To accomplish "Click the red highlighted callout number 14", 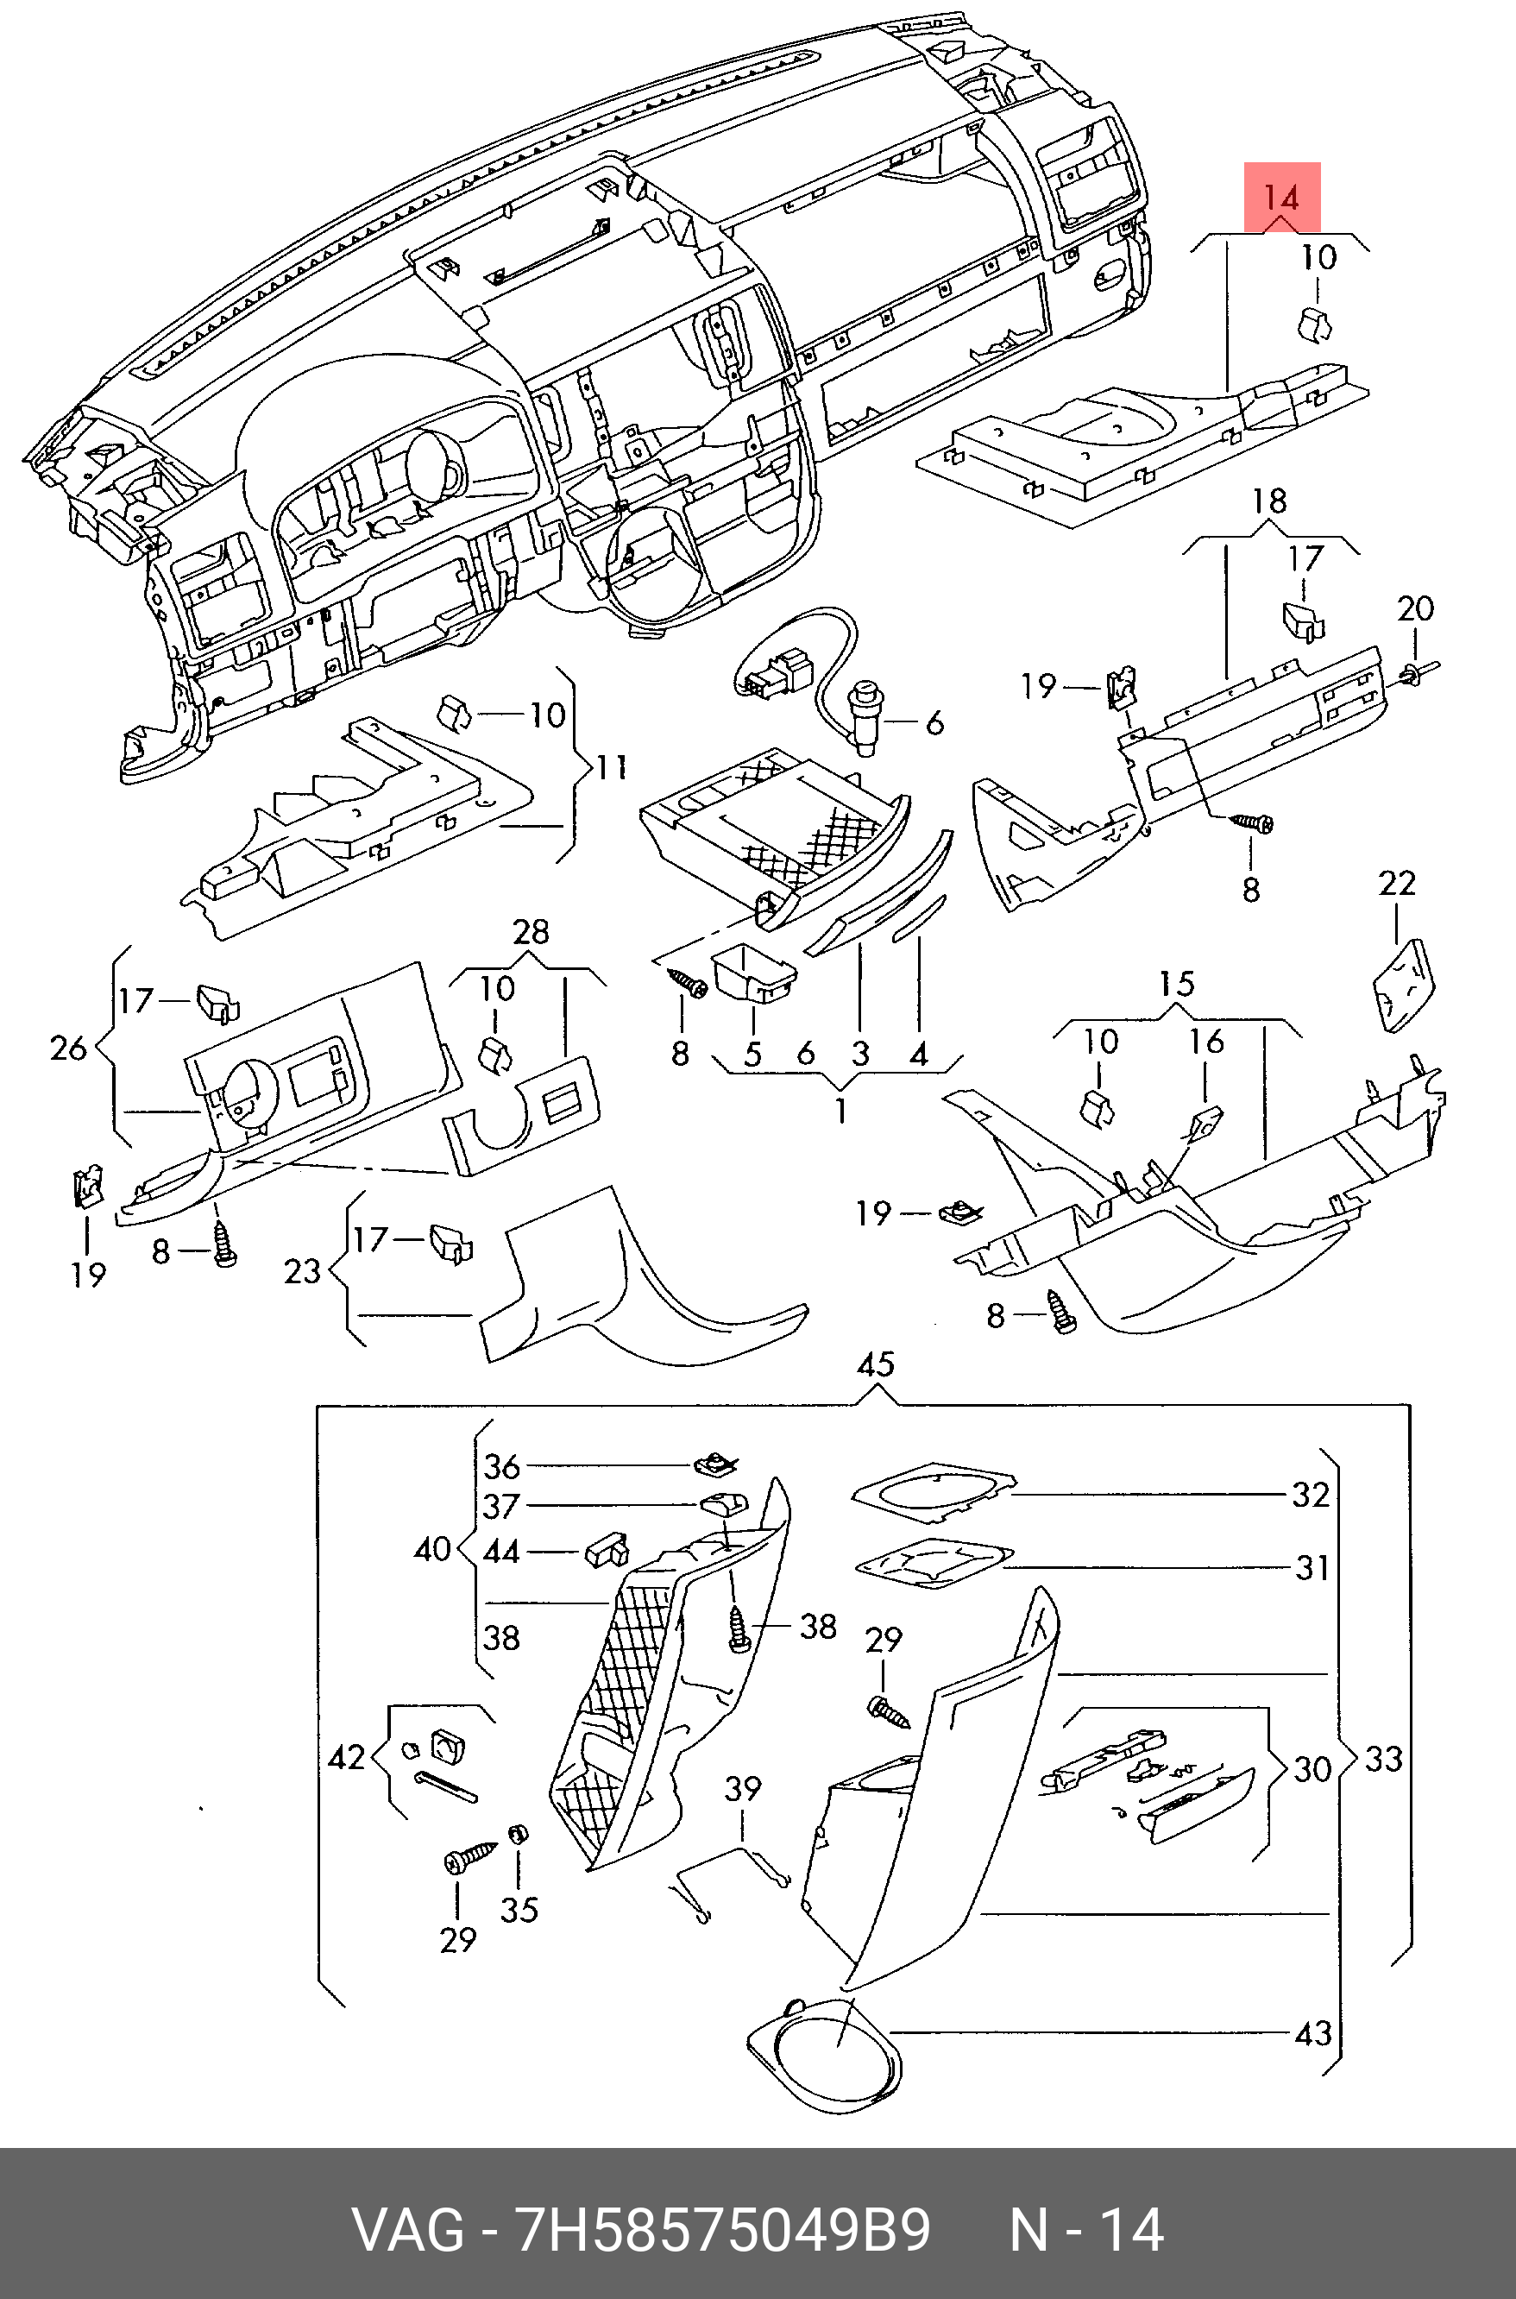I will tap(1281, 198).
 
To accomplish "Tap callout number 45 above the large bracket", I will tap(875, 1364).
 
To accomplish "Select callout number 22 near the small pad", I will tap(1397, 884).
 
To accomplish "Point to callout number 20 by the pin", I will tap(1414, 609).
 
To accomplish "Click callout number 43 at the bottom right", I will tap(1312, 2034).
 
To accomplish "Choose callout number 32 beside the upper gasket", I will tap(1310, 1495).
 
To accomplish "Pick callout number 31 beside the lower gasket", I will tap(1311, 1567).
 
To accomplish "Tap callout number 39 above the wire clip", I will tap(743, 1788).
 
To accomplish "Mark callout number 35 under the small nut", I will tap(519, 1910).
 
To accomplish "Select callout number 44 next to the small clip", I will tap(500, 1552).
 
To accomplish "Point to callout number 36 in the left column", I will tap(502, 1466).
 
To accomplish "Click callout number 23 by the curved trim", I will tap(302, 1269).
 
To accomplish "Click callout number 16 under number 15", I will tap(1206, 1042).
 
